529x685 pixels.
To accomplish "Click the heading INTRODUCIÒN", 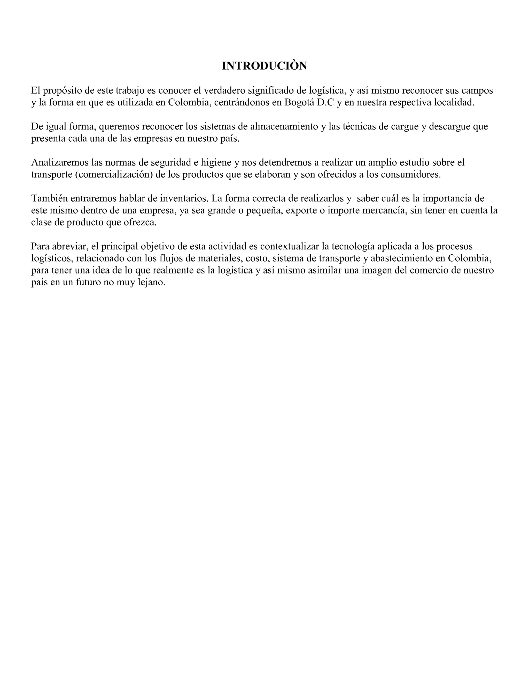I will click(264, 66).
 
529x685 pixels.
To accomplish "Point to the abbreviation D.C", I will click(326, 102).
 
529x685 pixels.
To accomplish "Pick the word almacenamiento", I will click(284, 126).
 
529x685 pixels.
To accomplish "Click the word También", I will click(50, 199).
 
